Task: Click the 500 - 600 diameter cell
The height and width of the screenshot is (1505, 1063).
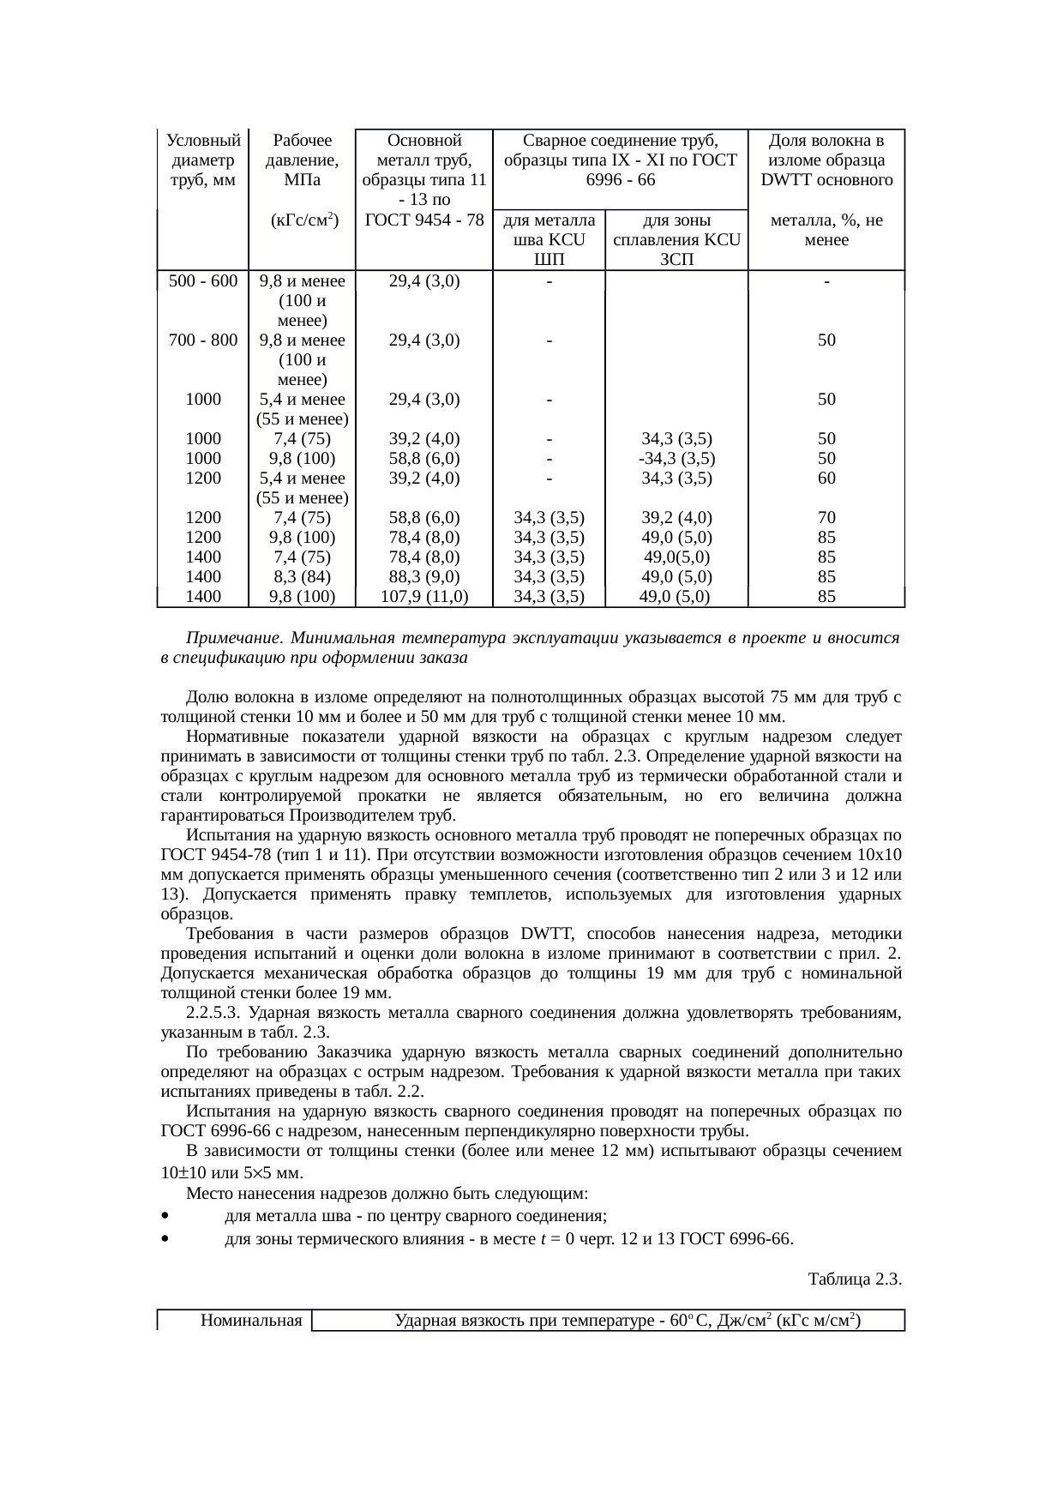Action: tap(203, 281)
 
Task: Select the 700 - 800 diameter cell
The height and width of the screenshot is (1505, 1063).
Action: tap(203, 340)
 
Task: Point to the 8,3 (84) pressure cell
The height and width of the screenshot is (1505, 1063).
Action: tap(302, 577)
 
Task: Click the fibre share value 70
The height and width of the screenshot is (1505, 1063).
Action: tap(826, 518)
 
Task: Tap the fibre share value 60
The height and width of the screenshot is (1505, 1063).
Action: tap(826, 479)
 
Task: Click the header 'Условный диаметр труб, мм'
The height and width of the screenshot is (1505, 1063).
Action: tap(203, 160)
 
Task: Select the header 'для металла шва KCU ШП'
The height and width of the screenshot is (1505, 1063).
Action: tap(549, 240)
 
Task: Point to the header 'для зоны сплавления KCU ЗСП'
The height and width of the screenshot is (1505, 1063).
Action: tap(676, 240)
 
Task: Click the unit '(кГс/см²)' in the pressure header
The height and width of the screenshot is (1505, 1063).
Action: tap(302, 221)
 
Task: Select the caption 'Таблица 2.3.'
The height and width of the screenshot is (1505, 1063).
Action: tap(854, 1279)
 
